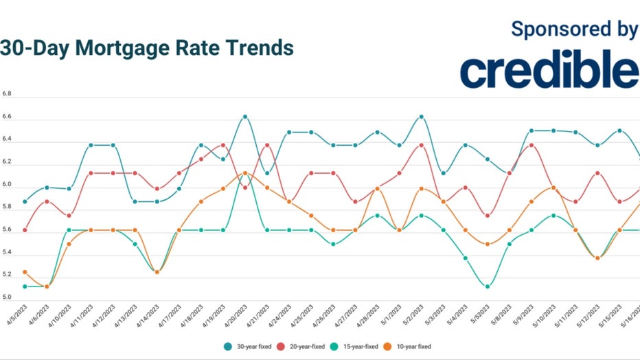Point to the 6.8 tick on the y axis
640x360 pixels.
(x=6, y=93)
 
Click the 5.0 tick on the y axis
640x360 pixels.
(x=6, y=297)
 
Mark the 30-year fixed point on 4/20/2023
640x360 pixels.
(x=245, y=117)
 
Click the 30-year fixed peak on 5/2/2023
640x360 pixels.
(x=421, y=117)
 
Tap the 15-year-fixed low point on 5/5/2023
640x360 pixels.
(x=487, y=286)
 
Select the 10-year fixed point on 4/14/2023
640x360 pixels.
(x=157, y=272)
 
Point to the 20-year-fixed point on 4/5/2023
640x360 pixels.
(x=25, y=230)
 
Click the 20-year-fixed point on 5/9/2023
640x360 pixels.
(x=531, y=145)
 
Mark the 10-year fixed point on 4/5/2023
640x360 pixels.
(x=25, y=272)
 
